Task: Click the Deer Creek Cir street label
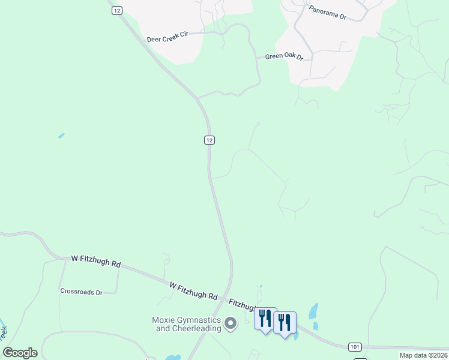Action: click(x=167, y=37)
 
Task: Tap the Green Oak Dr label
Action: click(x=284, y=58)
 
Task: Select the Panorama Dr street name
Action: click(x=328, y=13)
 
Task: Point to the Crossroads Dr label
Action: click(x=81, y=292)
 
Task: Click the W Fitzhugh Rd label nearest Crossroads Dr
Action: click(x=96, y=261)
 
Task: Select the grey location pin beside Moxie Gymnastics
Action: click(x=231, y=325)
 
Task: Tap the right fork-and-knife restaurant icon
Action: click(x=284, y=322)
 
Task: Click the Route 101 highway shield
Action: click(x=355, y=347)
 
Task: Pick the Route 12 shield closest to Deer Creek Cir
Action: click(x=116, y=10)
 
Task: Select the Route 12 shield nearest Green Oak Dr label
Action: click(x=209, y=140)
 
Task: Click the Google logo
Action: click(x=20, y=353)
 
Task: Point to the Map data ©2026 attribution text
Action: click(x=423, y=355)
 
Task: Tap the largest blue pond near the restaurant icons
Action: click(x=313, y=311)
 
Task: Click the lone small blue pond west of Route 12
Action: click(x=61, y=136)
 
